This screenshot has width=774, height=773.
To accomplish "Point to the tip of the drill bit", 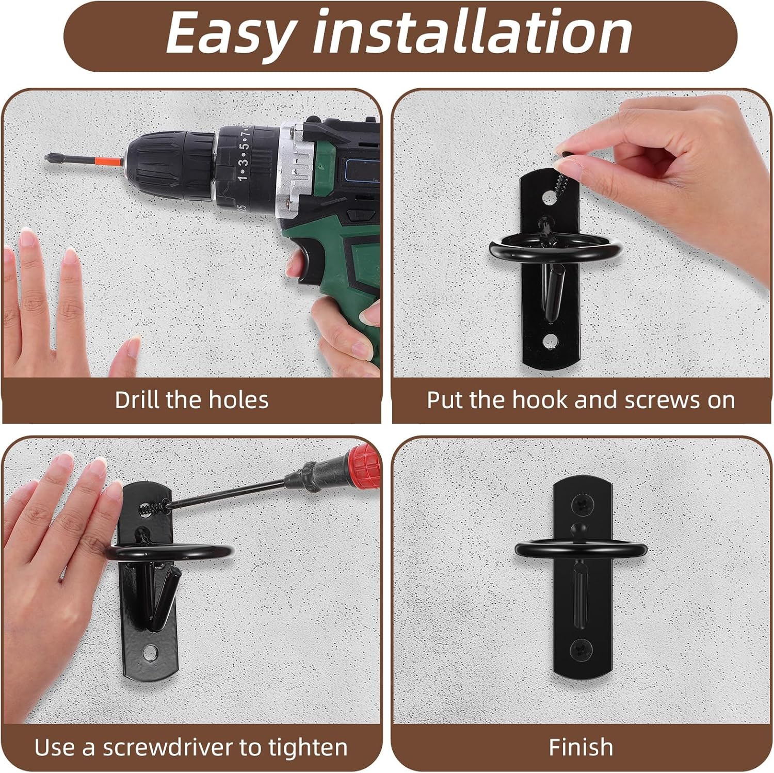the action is pyautogui.click(x=46, y=156).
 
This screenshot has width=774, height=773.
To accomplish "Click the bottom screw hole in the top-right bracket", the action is pyautogui.click(x=551, y=341).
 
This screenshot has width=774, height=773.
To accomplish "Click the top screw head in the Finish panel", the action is pyautogui.click(x=583, y=502).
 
